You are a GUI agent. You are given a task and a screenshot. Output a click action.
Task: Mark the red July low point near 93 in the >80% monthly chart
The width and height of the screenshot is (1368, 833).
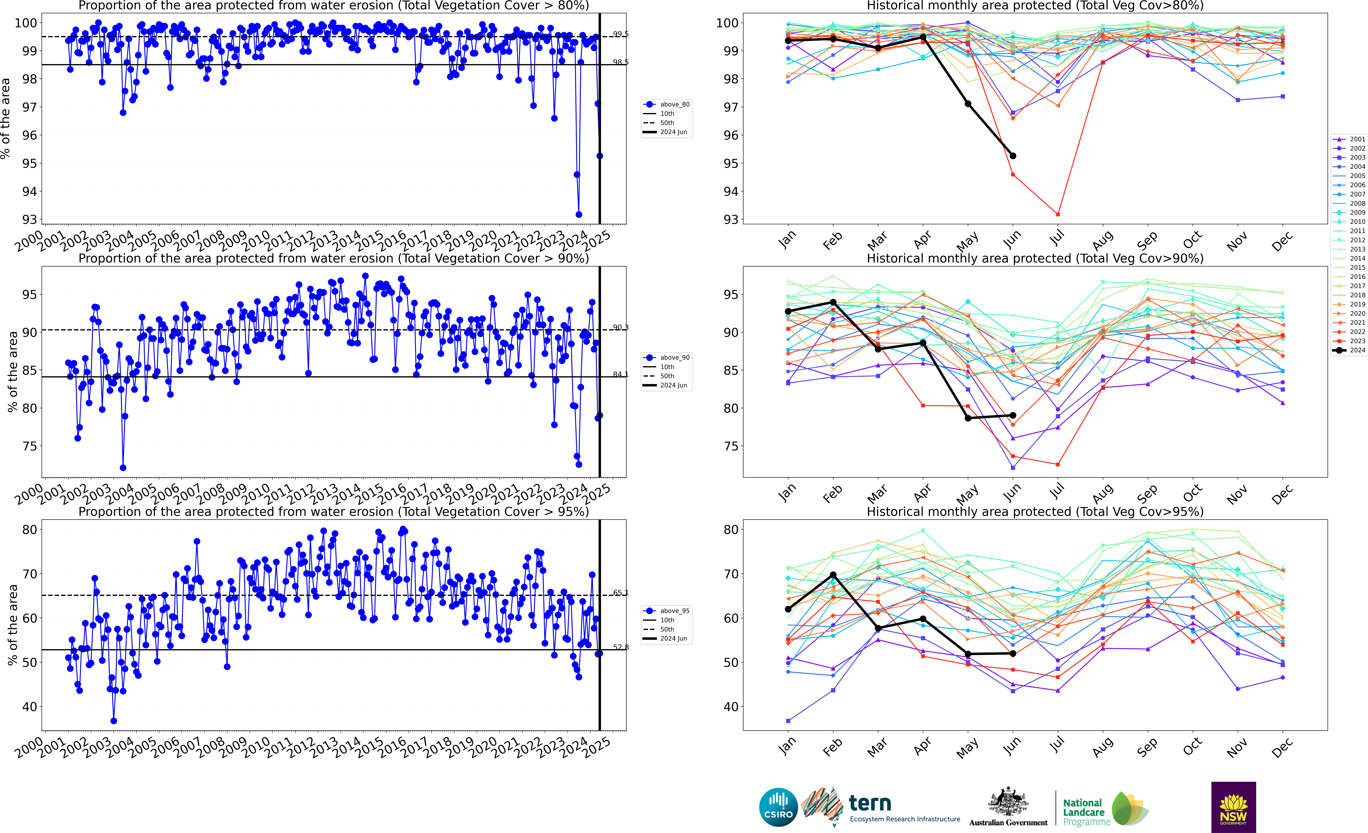pos(1058,214)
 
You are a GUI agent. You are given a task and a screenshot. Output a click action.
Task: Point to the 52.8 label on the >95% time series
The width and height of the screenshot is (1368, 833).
pos(621,647)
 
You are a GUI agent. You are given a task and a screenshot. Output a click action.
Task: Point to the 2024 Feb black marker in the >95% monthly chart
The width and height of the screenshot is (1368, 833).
pos(833,575)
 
